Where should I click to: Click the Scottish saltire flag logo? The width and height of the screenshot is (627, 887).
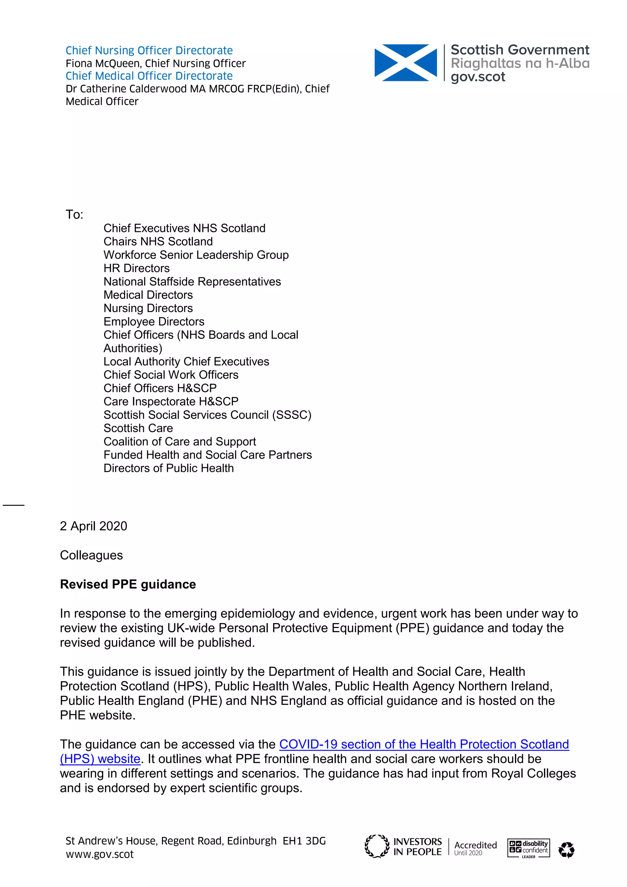point(405,63)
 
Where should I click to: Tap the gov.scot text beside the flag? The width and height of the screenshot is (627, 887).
point(478,77)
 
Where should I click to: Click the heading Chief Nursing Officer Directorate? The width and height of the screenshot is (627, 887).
point(149,50)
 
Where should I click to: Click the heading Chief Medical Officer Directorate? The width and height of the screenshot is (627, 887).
point(149,76)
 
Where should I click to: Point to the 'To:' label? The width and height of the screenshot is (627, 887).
point(74,214)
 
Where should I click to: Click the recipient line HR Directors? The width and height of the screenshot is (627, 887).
point(136,268)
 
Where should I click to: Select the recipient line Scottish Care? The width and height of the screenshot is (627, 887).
point(138,428)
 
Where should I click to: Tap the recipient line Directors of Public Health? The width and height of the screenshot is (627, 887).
point(168,468)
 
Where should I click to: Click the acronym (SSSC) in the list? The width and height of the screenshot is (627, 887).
point(291,415)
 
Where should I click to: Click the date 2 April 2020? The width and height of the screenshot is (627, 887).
point(93,526)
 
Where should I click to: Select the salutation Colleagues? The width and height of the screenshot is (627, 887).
point(91,555)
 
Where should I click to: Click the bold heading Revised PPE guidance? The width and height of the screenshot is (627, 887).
point(128,584)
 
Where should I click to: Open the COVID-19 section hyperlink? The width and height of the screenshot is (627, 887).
point(424,744)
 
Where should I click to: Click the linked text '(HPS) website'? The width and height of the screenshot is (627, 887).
point(100,759)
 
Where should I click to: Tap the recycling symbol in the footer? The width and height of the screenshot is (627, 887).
point(566,850)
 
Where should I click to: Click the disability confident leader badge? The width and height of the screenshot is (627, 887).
point(528,848)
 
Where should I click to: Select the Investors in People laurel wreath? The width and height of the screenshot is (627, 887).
point(377,846)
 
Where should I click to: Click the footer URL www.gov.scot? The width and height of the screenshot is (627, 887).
point(99,854)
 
